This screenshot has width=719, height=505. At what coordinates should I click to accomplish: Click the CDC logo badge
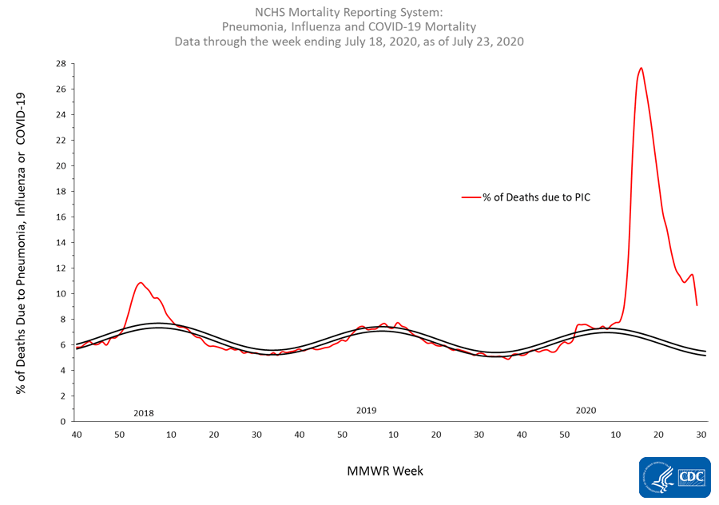[674, 477]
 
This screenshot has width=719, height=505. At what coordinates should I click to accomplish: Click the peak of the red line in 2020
[641, 68]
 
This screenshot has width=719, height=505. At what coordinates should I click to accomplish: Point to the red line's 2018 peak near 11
[141, 283]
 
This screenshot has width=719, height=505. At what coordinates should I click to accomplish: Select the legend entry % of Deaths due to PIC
[526, 197]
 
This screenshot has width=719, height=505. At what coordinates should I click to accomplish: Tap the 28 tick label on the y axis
[61, 63]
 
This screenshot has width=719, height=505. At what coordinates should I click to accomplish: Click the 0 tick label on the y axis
[63, 421]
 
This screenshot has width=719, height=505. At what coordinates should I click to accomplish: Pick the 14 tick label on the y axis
[61, 242]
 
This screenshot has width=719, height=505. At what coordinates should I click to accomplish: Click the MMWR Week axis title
[385, 471]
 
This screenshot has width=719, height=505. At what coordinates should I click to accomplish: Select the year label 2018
[144, 413]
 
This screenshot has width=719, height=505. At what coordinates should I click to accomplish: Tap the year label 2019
[367, 411]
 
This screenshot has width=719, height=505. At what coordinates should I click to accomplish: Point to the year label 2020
[586, 411]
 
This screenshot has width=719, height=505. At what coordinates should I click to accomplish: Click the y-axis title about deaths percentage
[21, 243]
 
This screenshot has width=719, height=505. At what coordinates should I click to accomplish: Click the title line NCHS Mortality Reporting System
[349, 12]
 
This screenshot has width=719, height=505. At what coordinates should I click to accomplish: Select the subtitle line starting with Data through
[349, 42]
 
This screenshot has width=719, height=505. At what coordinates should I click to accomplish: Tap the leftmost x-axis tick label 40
[77, 435]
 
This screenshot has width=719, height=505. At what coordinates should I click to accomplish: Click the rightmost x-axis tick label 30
[701, 435]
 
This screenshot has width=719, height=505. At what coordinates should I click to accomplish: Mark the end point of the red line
[697, 305]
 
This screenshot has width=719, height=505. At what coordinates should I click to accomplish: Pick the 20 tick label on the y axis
[61, 165]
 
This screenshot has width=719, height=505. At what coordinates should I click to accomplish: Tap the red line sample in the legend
[471, 197]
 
